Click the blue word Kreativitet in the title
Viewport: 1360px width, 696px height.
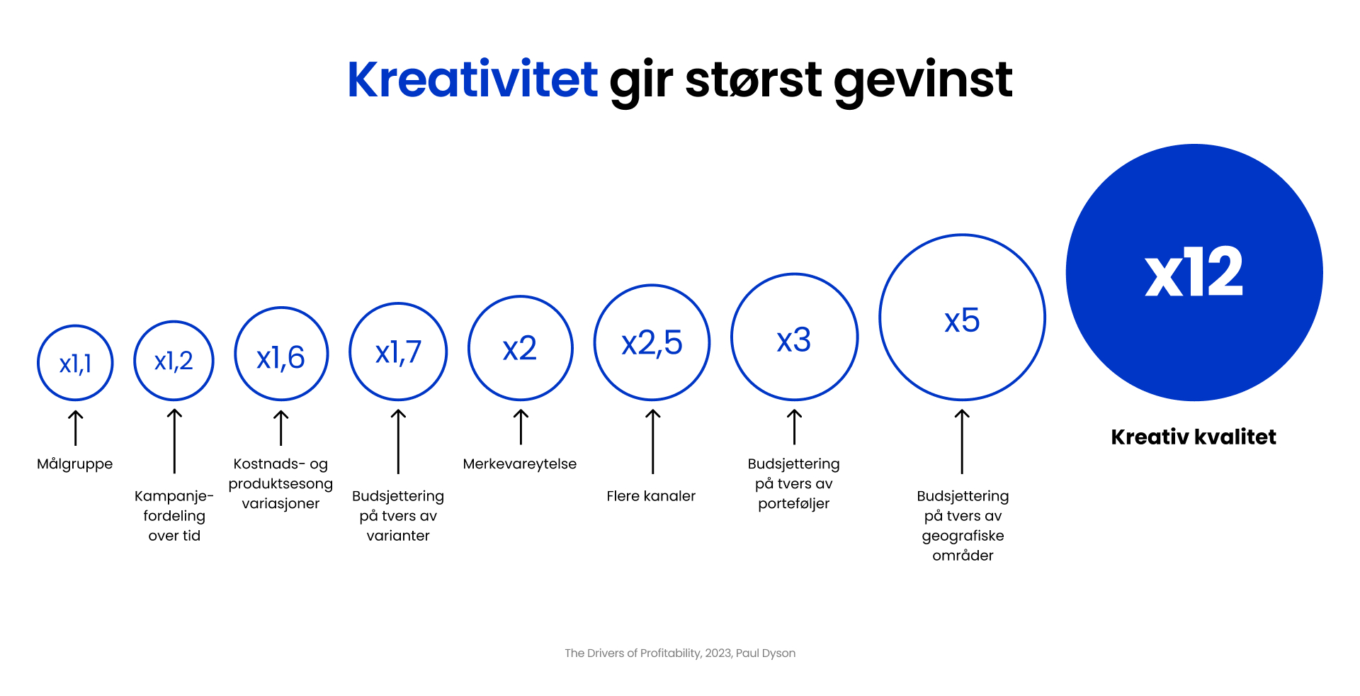pyautogui.click(x=472, y=79)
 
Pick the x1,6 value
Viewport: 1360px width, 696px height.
pyautogui.click(x=280, y=358)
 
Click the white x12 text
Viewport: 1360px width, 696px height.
pyautogui.click(x=1194, y=272)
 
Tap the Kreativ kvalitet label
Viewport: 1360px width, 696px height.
pyautogui.click(x=1194, y=437)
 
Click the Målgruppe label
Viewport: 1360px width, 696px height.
pyautogui.click(x=75, y=464)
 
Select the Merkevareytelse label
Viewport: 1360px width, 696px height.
pyautogui.click(x=520, y=464)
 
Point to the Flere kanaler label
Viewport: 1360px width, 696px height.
pyautogui.click(x=651, y=496)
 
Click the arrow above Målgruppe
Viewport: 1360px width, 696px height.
pyautogui.click(x=75, y=427)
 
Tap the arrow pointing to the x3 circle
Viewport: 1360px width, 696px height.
pyautogui.click(x=794, y=427)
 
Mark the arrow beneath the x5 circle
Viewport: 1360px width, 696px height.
pyautogui.click(x=962, y=441)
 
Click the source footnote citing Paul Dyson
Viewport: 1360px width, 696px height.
pyautogui.click(x=680, y=653)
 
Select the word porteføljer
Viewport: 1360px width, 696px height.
pyautogui.click(x=793, y=504)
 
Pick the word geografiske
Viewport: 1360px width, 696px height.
pyautogui.click(x=963, y=537)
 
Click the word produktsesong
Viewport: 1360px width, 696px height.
pyautogui.click(x=280, y=484)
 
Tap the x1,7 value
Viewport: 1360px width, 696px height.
pyautogui.click(x=398, y=353)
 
